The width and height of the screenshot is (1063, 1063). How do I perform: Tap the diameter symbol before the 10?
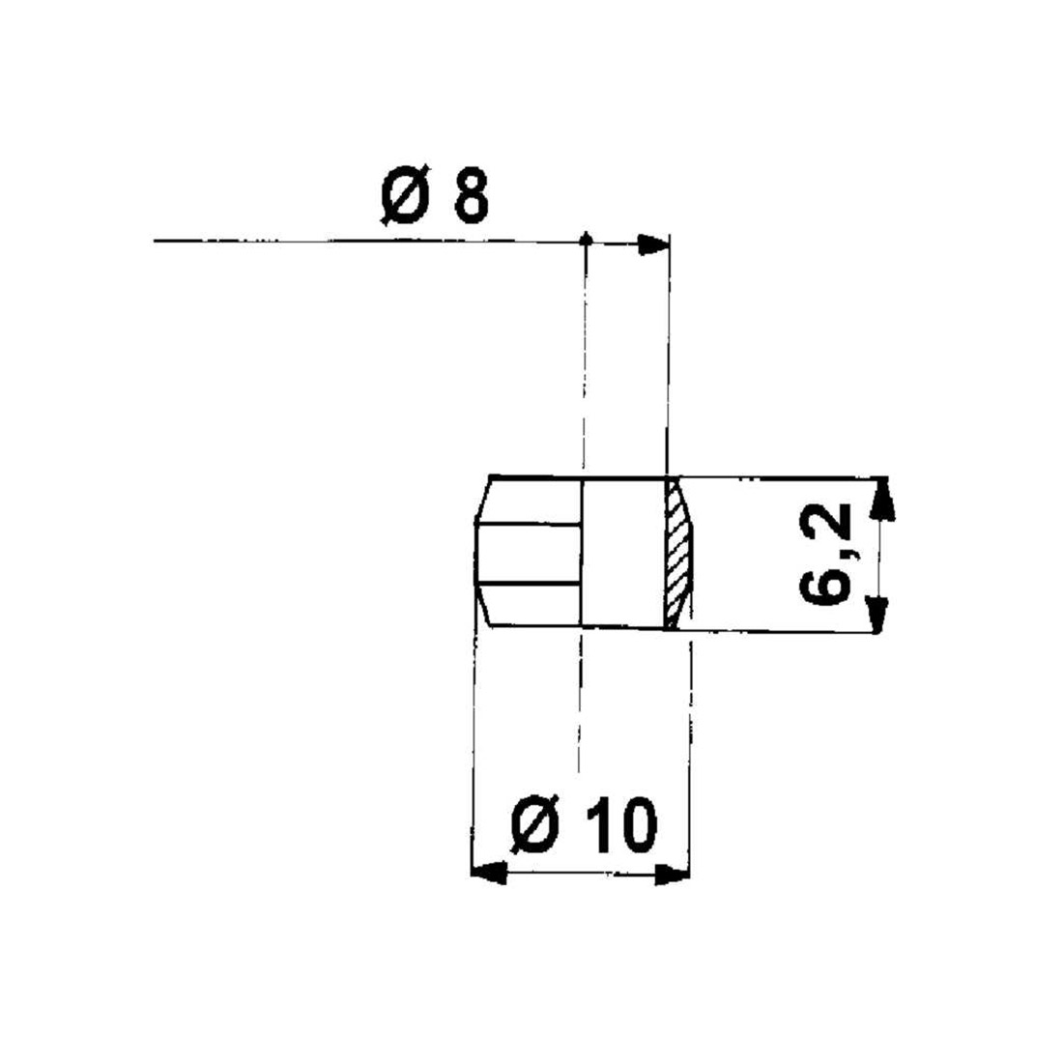[535, 824]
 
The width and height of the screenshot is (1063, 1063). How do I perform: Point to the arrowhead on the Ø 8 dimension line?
[653, 244]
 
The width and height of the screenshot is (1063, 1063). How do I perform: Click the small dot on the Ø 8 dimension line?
[588, 240]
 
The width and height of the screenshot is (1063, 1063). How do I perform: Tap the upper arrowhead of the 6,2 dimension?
[881, 499]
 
